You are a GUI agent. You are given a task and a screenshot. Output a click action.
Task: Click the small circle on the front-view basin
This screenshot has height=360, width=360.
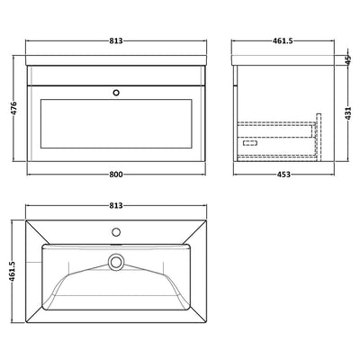point(114,91)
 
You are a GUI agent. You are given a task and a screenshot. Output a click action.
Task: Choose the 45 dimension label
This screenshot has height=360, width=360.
point(347,59)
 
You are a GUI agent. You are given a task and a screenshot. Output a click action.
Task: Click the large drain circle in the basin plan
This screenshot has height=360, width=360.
point(114,262)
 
